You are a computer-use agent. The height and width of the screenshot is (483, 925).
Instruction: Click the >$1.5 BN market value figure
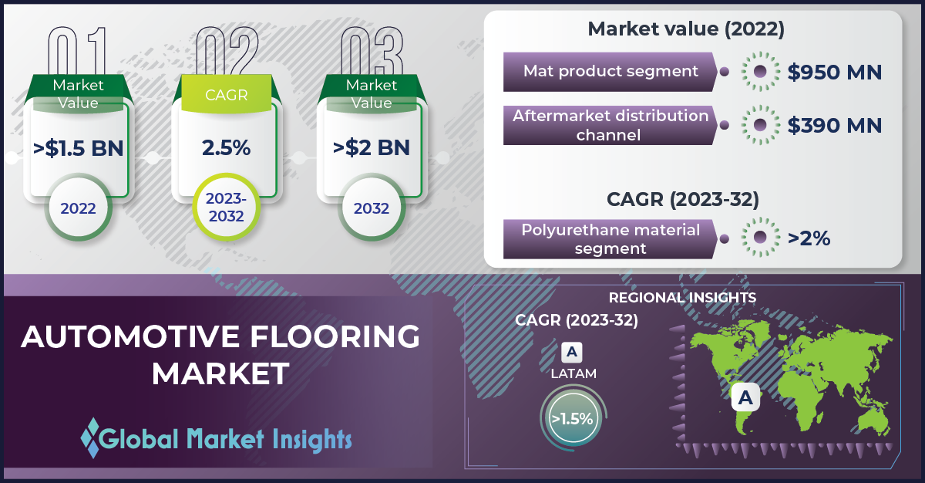coord(78,148)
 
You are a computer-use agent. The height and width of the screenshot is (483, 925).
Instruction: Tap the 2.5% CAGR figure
coord(227,148)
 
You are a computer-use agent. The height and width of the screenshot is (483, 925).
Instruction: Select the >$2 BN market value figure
coord(372,148)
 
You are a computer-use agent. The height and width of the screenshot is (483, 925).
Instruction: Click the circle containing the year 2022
coord(78,208)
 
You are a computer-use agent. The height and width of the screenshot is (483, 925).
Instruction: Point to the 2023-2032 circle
coord(227,208)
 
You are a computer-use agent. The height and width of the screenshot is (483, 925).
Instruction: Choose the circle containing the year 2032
coord(372,208)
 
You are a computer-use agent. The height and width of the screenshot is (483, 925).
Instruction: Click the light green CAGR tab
coord(227,94)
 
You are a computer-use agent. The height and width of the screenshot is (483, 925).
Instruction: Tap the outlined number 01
coord(77,50)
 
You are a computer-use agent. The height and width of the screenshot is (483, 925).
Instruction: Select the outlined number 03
coord(372,50)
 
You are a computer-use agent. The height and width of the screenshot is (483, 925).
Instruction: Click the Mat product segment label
coord(610,71)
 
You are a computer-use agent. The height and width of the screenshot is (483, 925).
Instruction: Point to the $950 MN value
coord(835,72)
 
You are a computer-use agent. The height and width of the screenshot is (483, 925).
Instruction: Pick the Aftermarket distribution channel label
coord(610,125)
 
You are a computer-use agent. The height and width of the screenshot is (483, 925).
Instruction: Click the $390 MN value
coord(835,125)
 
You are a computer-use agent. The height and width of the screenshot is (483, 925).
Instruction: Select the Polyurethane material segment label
coord(610,239)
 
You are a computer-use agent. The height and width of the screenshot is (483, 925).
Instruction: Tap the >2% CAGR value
coord(809,238)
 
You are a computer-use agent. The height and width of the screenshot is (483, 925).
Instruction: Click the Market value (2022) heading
coord(685,29)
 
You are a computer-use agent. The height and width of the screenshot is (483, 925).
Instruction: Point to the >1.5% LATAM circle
coord(572,418)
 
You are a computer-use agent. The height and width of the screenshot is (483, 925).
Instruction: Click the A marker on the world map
coord(745,397)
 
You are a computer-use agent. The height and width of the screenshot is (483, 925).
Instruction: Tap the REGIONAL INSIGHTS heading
coord(682,298)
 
